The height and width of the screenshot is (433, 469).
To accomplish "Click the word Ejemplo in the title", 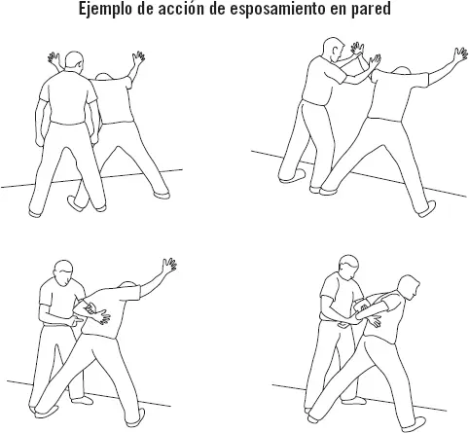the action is (x=105, y=10).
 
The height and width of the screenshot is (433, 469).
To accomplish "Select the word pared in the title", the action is (x=371, y=10).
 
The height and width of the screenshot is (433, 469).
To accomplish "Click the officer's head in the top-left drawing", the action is (x=74, y=60).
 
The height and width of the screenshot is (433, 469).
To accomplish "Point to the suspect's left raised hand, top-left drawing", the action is (x=54, y=58).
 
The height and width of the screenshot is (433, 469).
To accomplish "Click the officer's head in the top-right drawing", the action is (x=334, y=49).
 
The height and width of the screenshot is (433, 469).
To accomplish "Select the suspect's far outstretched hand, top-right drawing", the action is (x=460, y=54).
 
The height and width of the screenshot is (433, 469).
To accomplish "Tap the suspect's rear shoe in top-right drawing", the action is (x=427, y=209).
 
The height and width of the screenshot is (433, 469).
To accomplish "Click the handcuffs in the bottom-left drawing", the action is (x=90, y=308).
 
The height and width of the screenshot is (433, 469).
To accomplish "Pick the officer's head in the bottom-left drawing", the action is (x=63, y=272).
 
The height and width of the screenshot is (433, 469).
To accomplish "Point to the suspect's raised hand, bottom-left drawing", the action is (x=169, y=265).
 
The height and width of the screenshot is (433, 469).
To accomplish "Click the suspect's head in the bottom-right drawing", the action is (x=409, y=287).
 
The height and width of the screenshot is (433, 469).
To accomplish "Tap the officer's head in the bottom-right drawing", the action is (x=348, y=267).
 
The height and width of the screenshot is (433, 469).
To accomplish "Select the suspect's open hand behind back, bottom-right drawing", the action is (x=376, y=320).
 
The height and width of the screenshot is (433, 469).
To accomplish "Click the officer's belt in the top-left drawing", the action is (x=68, y=123).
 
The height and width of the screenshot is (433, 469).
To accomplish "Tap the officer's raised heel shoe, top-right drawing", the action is (x=292, y=176).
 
